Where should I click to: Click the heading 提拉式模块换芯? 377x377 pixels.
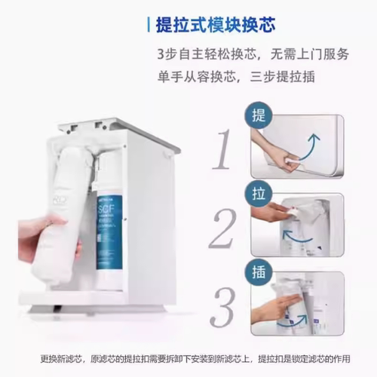pyautogui.click(x=215, y=24)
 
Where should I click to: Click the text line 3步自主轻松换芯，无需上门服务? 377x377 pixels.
pyautogui.click(x=253, y=55)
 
